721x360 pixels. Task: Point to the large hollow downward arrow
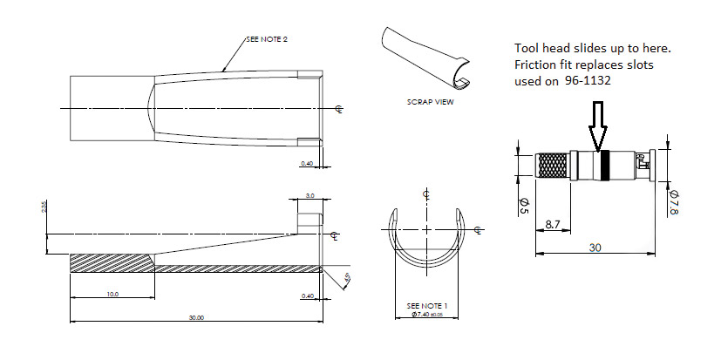point(598,127)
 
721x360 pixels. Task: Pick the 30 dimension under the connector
point(595,247)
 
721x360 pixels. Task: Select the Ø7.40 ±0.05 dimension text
point(427,315)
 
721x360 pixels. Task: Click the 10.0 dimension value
point(112,295)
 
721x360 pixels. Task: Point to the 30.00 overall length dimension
point(196,317)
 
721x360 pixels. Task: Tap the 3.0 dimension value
point(309,197)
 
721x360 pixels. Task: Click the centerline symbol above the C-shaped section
point(425,194)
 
